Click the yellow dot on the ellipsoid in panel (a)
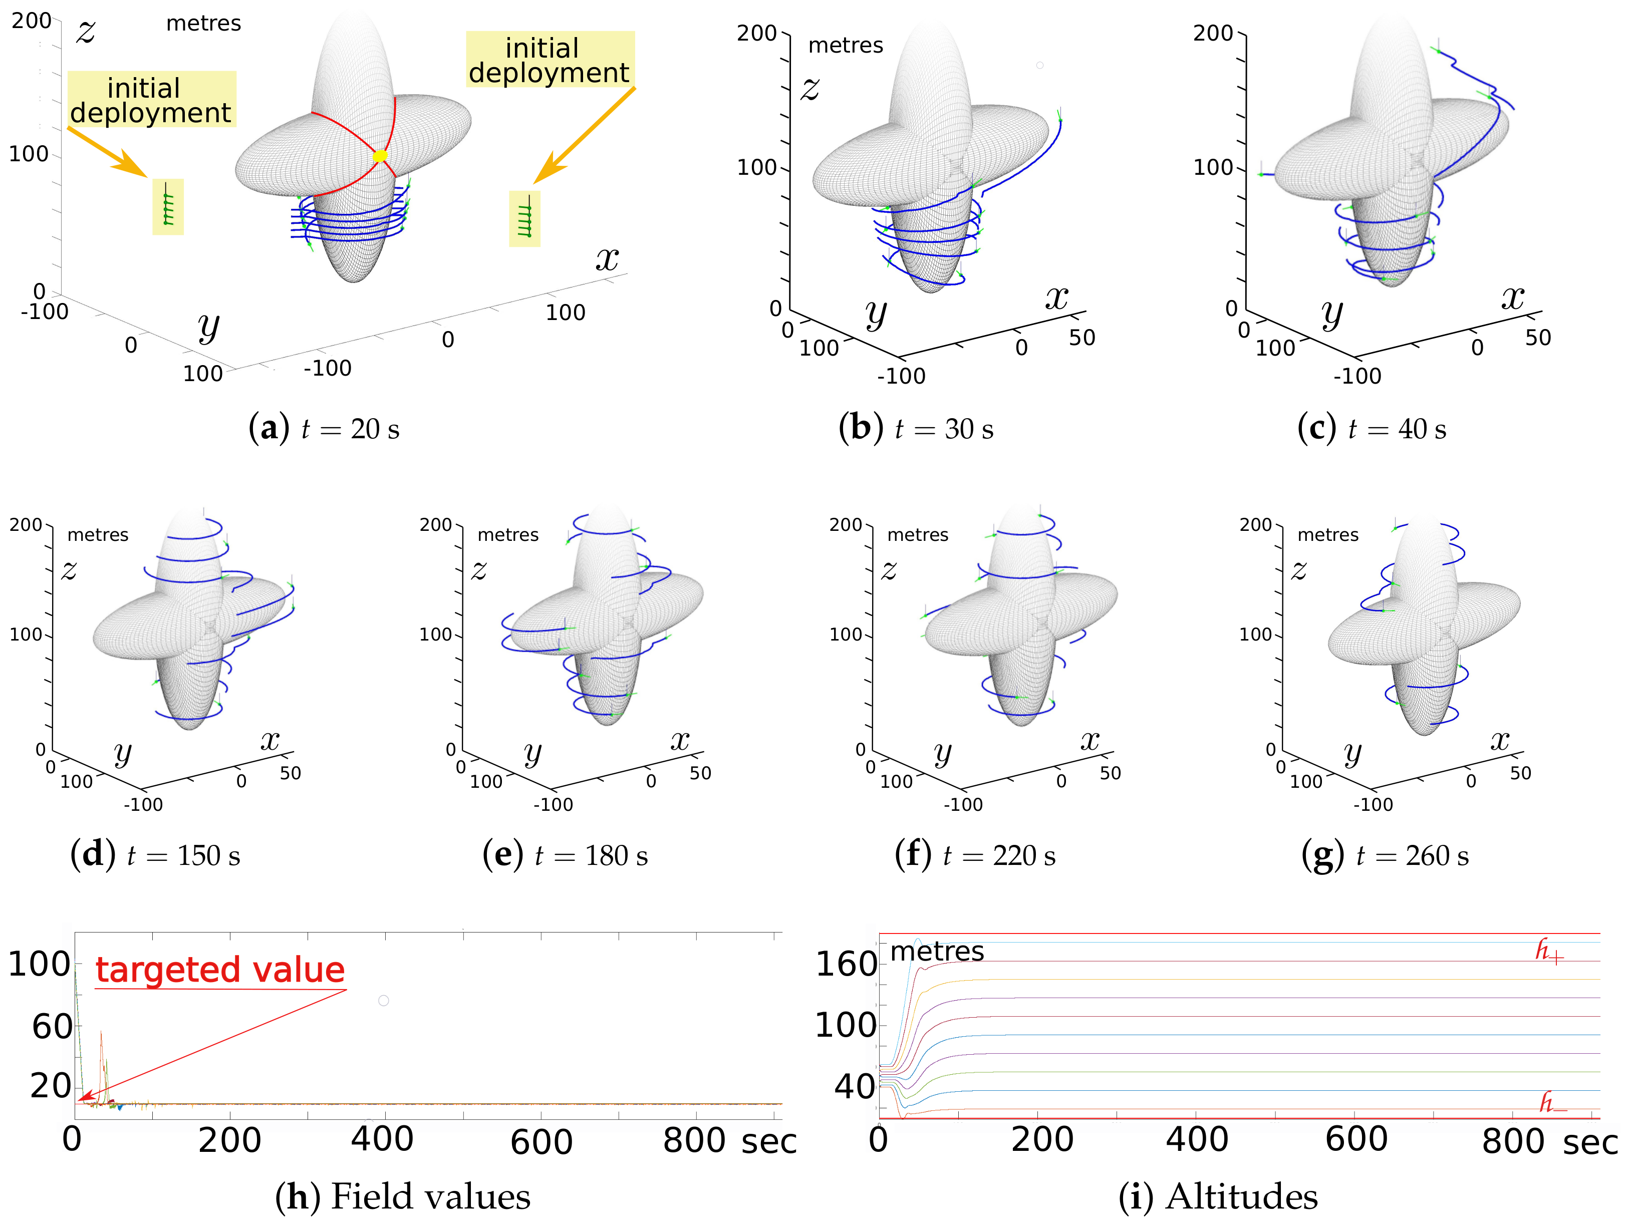click(380, 155)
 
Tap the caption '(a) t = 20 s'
click(324, 429)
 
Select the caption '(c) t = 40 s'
click(1371, 429)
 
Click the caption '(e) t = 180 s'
click(565, 855)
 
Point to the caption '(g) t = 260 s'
click(1385, 855)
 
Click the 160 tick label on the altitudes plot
click(846, 965)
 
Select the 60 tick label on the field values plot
click(52, 1026)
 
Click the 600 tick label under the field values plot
click(541, 1142)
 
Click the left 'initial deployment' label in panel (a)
click(151, 100)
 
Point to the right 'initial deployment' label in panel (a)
click(550, 61)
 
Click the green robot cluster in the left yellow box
click(168, 207)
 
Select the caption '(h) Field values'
click(403, 1196)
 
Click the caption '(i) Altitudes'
click(1218, 1196)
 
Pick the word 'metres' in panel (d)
click(98, 534)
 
